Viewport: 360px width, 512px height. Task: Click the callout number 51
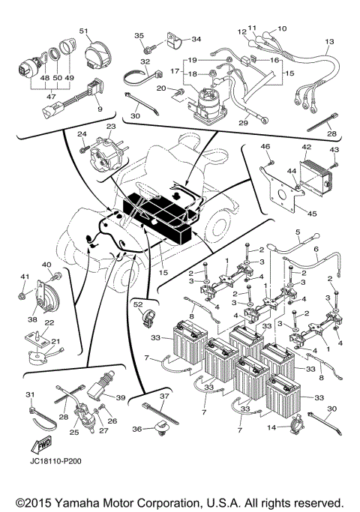tap(83, 31)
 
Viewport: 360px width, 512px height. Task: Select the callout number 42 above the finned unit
tap(307, 148)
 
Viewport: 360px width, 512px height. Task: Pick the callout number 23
tap(112, 127)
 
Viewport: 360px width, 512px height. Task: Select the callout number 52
tap(138, 306)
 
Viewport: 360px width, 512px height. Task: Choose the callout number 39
tap(121, 397)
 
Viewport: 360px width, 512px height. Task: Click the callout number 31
tap(30, 395)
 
